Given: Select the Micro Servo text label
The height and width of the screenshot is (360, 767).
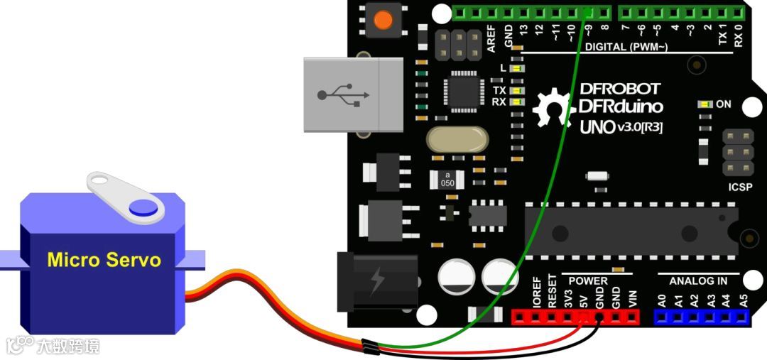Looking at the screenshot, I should [x=104, y=260].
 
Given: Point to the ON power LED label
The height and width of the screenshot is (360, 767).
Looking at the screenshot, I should [x=723, y=104].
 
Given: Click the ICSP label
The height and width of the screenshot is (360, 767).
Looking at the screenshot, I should [x=736, y=190].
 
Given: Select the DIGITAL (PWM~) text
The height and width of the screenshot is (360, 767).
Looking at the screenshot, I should [x=626, y=47].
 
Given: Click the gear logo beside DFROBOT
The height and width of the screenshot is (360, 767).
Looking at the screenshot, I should [x=550, y=108].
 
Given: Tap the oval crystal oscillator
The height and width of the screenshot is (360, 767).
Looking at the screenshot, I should [x=457, y=139].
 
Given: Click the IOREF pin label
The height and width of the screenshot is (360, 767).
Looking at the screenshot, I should [x=535, y=293].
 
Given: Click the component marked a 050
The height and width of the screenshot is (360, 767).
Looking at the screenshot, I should [x=447, y=179].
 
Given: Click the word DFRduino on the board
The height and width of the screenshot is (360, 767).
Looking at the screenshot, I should [x=621, y=107].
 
